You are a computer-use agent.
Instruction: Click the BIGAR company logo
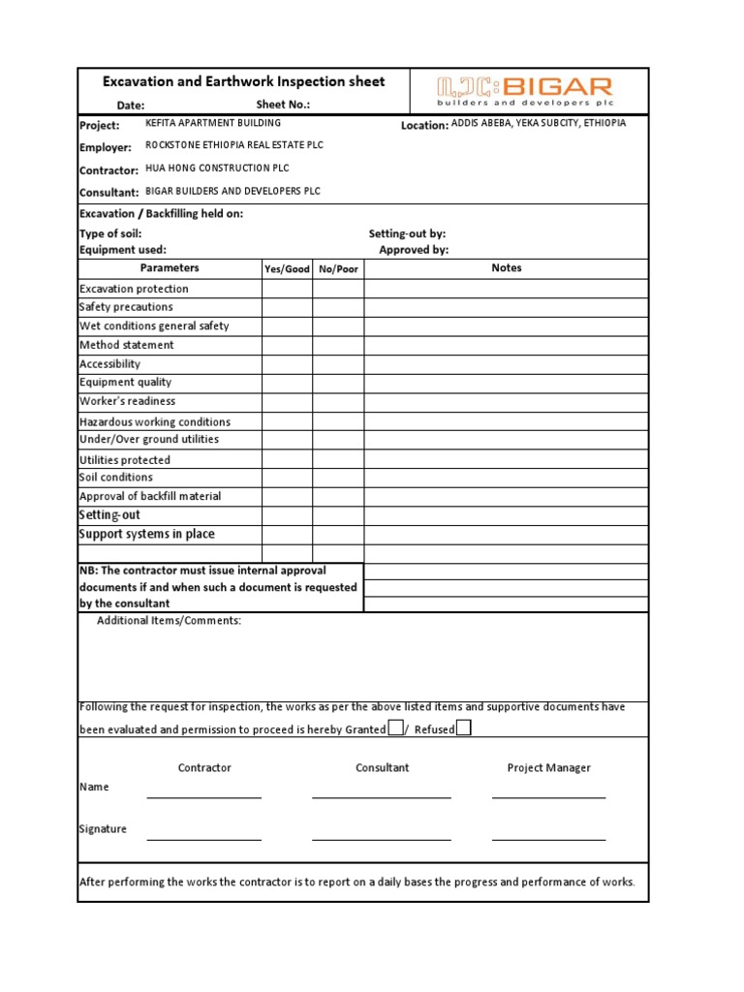[x=524, y=90]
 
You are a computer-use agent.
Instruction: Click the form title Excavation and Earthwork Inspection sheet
[x=245, y=81]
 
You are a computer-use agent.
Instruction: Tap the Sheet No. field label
[x=283, y=105]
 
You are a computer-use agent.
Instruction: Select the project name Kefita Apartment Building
[x=213, y=123]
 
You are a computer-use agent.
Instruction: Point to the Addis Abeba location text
[x=539, y=123]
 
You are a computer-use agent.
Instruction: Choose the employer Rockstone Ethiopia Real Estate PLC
[x=234, y=145]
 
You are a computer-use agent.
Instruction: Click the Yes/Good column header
[x=288, y=269]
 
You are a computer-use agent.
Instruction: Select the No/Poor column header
[x=338, y=269]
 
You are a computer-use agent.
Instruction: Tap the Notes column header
[x=506, y=268]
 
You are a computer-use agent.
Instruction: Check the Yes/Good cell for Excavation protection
[x=288, y=289]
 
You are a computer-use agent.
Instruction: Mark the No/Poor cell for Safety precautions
[x=338, y=307]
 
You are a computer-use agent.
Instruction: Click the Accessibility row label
[x=109, y=364]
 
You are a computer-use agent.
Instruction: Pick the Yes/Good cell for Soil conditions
[x=288, y=478]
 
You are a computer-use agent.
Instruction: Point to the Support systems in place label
[x=146, y=534]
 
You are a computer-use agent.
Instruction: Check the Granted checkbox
[x=395, y=728]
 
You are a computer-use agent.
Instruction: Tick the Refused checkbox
[x=464, y=728]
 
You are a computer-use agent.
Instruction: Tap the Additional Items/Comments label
[x=169, y=620]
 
